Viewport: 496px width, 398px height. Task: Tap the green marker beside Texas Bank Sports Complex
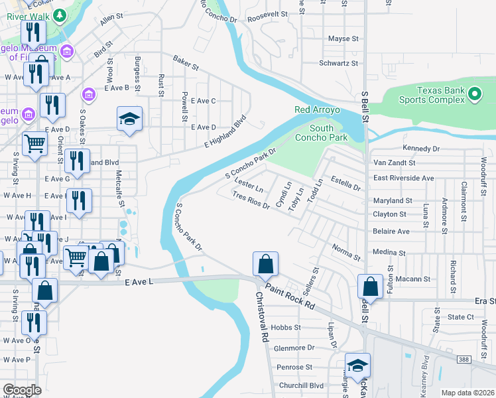pyautogui.click(x=474, y=95)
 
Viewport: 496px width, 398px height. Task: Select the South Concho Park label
pyautogui.click(x=328, y=133)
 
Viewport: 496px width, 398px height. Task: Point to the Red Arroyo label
pyautogui.click(x=317, y=109)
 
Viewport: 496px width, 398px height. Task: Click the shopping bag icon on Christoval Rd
pyautogui.click(x=265, y=264)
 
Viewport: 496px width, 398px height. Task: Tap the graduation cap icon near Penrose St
pyautogui.click(x=357, y=365)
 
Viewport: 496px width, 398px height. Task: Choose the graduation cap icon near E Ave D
pyautogui.click(x=130, y=119)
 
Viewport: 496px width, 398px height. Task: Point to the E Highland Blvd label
pyautogui.click(x=225, y=131)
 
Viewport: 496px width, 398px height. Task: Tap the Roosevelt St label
pyautogui.click(x=267, y=13)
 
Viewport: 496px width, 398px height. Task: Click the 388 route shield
pyautogui.click(x=464, y=360)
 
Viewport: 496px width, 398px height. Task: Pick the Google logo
pyautogui.click(x=22, y=390)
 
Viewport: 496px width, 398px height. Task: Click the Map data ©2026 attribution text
pyautogui.click(x=467, y=393)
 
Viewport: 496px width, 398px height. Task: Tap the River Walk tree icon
pyautogui.click(x=59, y=15)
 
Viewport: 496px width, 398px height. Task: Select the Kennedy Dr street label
pyautogui.click(x=421, y=149)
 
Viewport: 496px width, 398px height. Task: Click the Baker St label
pyautogui.click(x=186, y=64)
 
